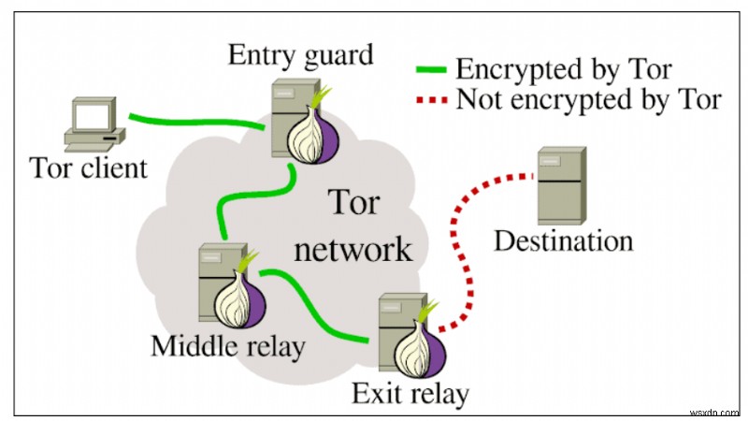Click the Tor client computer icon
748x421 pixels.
click(x=94, y=123)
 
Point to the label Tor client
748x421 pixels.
click(x=89, y=168)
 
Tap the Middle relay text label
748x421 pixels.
click(x=228, y=347)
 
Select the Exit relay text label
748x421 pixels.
click(x=410, y=393)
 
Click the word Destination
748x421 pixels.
click(x=563, y=240)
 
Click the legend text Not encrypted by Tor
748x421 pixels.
click(x=589, y=99)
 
